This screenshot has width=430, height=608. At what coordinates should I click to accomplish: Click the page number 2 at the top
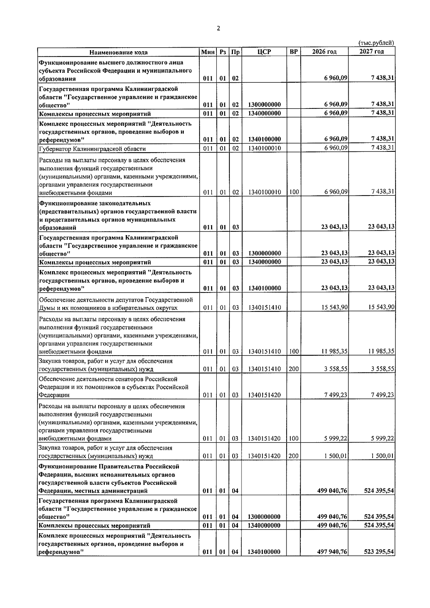[x=219, y=29]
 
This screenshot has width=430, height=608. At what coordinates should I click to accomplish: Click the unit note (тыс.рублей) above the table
[x=376, y=43]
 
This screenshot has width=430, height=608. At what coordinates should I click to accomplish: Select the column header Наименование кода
[x=118, y=52]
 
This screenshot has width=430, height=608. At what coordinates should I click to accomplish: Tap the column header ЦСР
[x=264, y=52]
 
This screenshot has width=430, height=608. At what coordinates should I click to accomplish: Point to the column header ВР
[x=293, y=52]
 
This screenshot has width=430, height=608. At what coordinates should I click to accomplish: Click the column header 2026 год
[x=324, y=52]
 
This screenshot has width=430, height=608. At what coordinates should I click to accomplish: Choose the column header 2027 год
[x=372, y=52]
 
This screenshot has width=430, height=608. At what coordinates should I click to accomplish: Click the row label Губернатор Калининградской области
[x=92, y=149]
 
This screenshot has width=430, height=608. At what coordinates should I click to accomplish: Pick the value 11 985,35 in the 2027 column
[x=381, y=351]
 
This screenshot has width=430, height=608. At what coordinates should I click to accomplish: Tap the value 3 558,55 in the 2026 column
[x=336, y=369]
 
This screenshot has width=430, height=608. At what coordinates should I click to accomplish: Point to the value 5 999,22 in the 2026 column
[x=336, y=438]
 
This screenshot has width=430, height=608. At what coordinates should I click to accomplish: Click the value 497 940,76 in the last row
[x=332, y=562]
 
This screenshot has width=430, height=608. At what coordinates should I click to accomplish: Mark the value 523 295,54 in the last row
[x=379, y=562]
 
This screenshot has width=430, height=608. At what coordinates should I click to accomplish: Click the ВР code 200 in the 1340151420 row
[x=294, y=456]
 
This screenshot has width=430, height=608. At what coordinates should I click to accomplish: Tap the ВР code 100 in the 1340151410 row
[x=294, y=351]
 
